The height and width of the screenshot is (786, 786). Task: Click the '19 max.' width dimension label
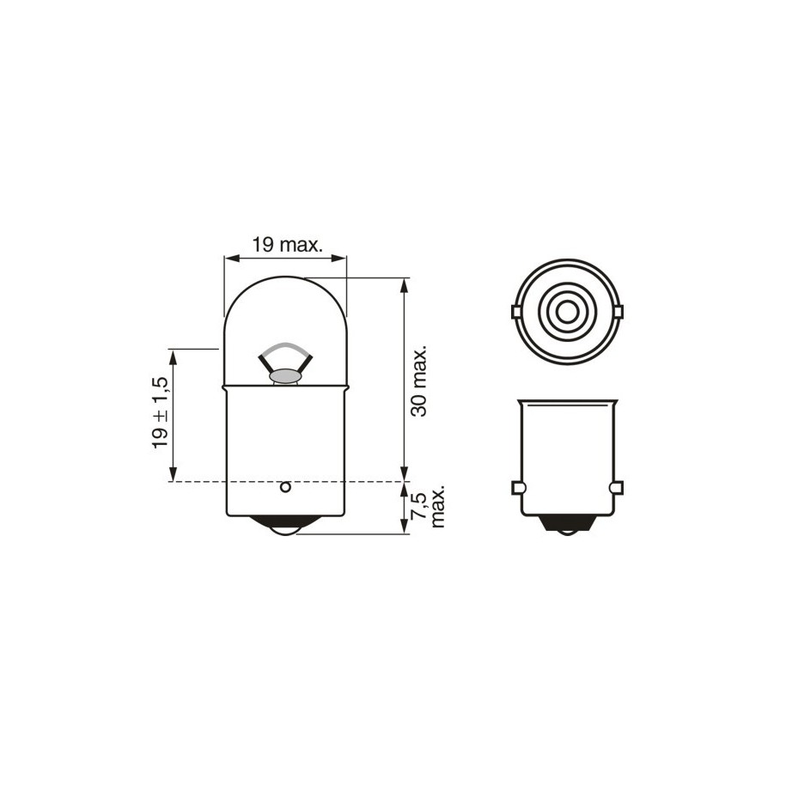coord(286,245)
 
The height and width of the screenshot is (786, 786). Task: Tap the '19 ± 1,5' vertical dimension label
coord(161,412)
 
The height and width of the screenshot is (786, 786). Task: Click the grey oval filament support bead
coord(286,375)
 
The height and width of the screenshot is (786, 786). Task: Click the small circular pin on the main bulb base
coord(285,487)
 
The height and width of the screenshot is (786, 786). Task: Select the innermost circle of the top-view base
coord(566,314)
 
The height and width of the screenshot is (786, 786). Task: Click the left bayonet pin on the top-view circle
coord(516,313)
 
